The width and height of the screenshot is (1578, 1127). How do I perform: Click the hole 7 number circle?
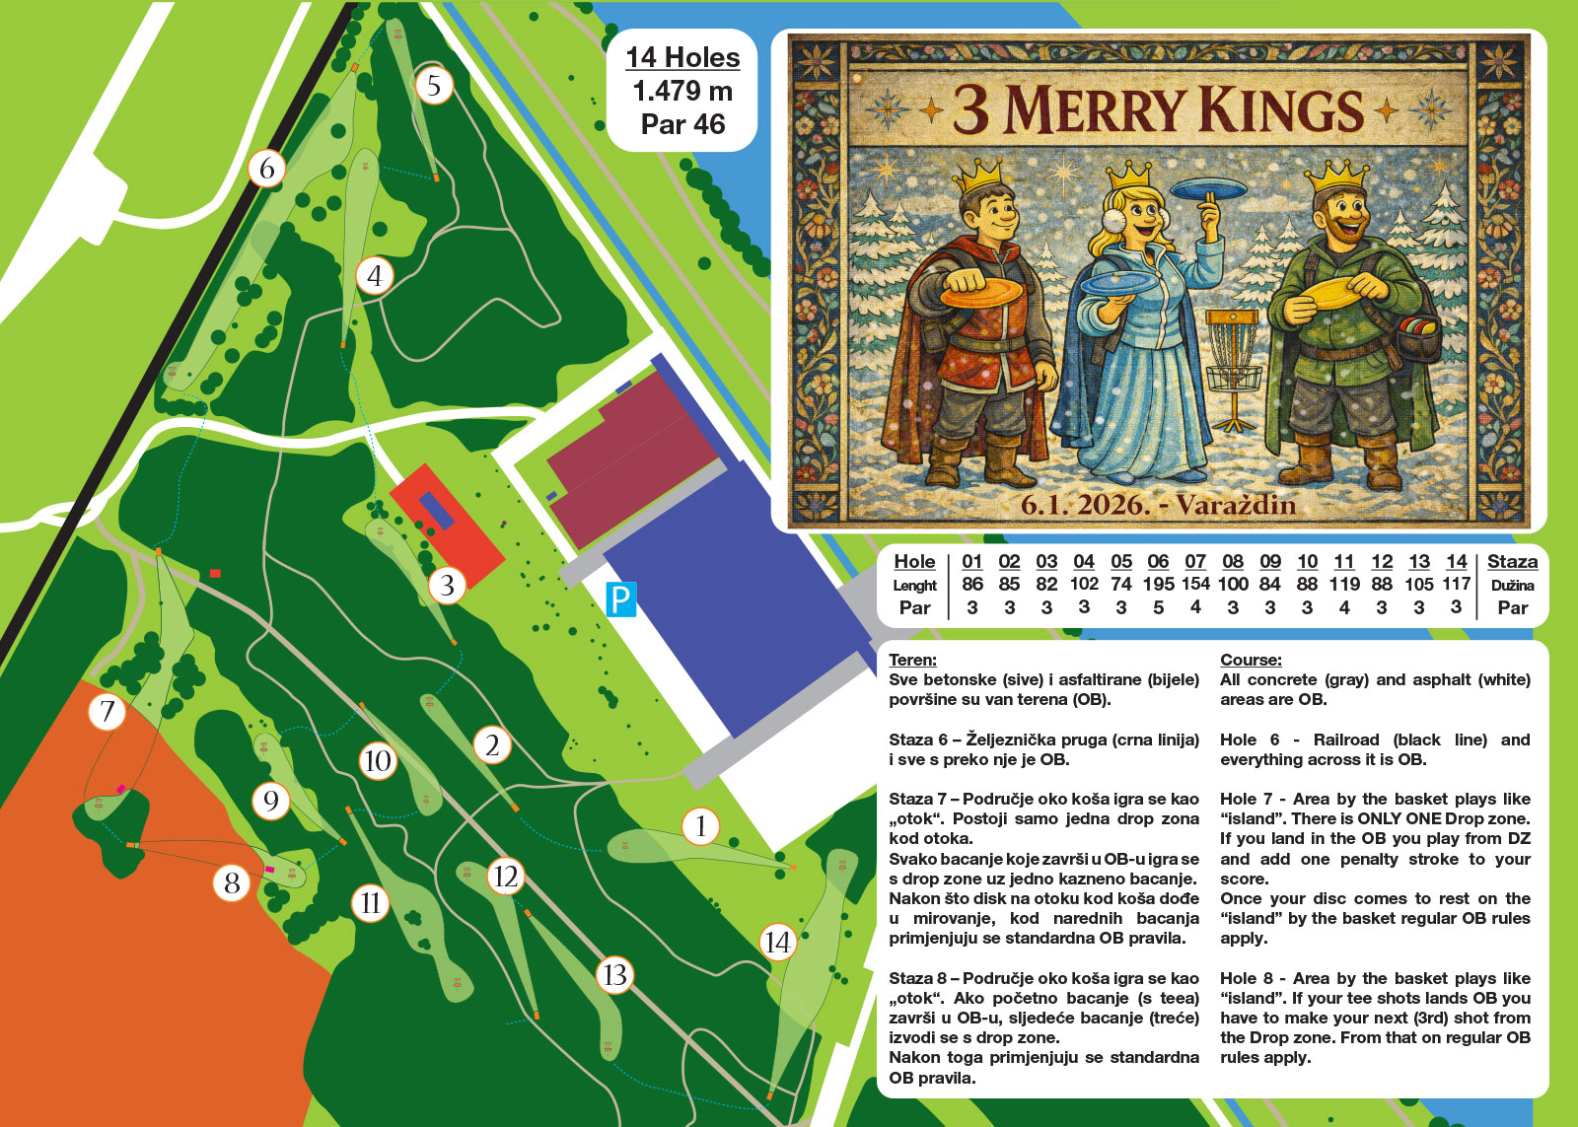pyautogui.click(x=107, y=711)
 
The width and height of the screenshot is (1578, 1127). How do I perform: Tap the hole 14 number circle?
pyautogui.click(x=777, y=943)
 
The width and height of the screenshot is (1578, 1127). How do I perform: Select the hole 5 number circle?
pyautogui.click(x=434, y=86)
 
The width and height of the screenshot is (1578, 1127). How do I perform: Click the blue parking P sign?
pyautogui.click(x=620, y=599)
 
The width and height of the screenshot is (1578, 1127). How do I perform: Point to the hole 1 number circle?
pyautogui.click(x=700, y=825)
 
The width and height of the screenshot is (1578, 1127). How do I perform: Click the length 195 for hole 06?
pyautogui.click(x=1158, y=584)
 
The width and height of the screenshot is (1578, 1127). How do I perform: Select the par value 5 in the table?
pyautogui.click(x=1158, y=607)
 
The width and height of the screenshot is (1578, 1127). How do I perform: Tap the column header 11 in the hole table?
pyautogui.click(x=1343, y=561)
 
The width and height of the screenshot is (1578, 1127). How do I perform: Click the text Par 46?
pyautogui.click(x=682, y=124)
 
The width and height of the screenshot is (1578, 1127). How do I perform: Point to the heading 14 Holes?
pyautogui.click(x=682, y=57)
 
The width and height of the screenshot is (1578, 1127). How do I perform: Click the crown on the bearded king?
pyautogui.click(x=1338, y=175)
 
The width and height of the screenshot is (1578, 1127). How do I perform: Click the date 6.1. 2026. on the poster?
pyautogui.click(x=1085, y=505)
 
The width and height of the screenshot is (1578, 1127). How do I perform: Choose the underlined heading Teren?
pyautogui.click(x=912, y=660)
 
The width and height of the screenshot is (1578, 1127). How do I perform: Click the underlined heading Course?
pyautogui.click(x=1251, y=660)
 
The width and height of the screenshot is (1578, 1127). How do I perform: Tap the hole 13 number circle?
pyautogui.click(x=614, y=975)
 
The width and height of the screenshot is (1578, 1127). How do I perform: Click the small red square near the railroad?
pyautogui.click(x=215, y=573)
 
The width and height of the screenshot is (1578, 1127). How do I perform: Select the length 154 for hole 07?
pyautogui.click(x=1195, y=584)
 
